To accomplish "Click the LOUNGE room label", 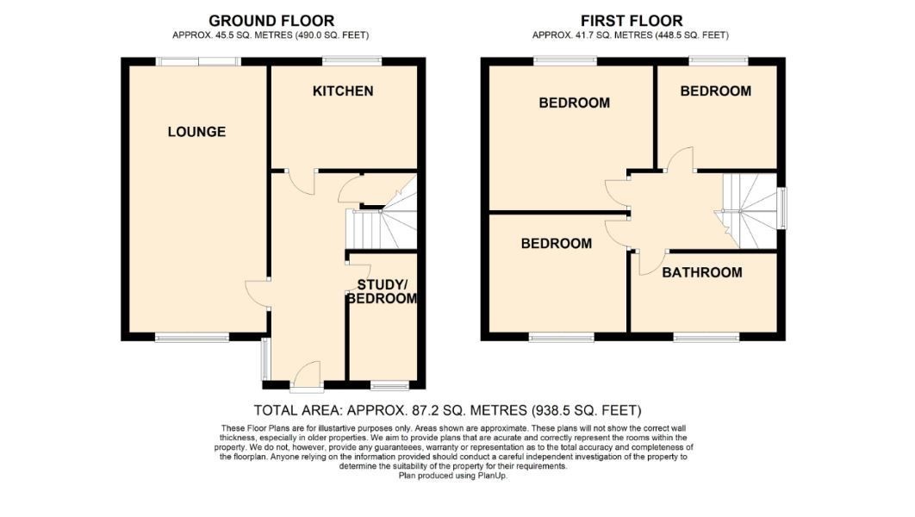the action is click(x=196, y=132).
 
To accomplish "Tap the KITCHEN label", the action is click(x=343, y=91).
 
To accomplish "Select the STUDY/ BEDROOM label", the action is click(x=383, y=292).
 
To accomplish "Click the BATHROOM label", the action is click(x=702, y=272).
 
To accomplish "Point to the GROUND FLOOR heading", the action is click(x=271, y=21).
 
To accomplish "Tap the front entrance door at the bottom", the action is click(x=308, y=375).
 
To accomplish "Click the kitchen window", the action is click(x=352, y=60).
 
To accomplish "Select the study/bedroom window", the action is click(x=389, y=385).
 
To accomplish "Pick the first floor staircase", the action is click(x=750, y=211).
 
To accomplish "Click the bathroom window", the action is click(x=706, y=337).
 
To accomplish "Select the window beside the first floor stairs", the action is click(x=782, y=209).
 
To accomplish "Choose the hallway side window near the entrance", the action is click(x=265, y=358).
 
